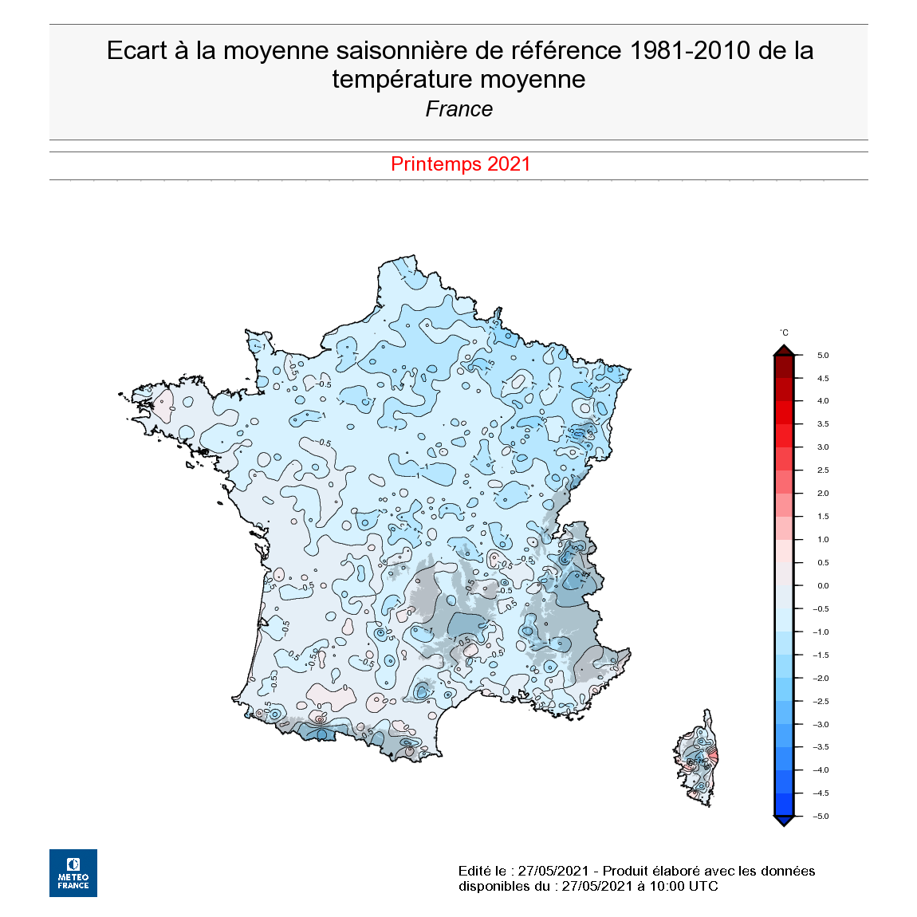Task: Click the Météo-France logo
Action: [73, 872]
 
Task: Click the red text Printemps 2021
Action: [460, 164]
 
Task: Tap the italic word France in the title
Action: [458, 109]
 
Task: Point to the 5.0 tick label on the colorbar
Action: [822, 356]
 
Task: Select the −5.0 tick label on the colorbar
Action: [821, 817]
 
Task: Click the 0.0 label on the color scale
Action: [822, 586]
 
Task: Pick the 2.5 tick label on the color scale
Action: [822, 470]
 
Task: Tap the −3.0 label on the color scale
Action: [821, 725]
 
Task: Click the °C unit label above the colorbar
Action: [784, 333]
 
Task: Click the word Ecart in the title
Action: [137, 51]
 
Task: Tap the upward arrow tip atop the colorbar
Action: [784, 349]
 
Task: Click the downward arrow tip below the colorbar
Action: [784, 822]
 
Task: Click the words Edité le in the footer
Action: [482, 871]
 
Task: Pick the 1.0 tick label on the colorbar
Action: [822, 540]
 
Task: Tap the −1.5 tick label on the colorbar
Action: [821, 655]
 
